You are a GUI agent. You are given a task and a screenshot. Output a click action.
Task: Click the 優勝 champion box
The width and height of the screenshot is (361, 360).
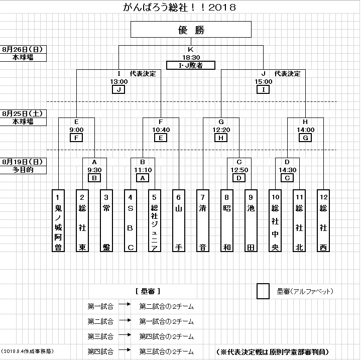[190, 30]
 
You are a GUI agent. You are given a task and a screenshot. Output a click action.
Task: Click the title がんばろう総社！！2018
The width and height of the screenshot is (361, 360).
[180, 8]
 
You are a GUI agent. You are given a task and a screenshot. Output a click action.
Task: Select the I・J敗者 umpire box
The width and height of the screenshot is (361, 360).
[190, 65]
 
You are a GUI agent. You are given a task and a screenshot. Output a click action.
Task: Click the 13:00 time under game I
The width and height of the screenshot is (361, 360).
[119, 81]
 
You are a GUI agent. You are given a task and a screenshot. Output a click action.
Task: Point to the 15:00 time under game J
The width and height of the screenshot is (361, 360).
[263, 81]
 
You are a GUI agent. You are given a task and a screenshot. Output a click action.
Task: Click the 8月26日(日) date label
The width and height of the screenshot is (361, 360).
[24, 49]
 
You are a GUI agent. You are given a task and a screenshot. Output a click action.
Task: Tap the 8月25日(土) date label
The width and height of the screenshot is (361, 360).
[24, 113]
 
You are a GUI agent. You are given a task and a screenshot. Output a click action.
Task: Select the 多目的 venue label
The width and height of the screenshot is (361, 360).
[24, 170]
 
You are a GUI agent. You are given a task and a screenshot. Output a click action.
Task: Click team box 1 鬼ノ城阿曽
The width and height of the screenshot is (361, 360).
[59, 220]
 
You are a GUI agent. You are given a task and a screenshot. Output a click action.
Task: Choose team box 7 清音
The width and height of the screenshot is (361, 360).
[203, 220]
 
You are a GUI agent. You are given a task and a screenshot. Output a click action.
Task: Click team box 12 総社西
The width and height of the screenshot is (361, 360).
[323, 220]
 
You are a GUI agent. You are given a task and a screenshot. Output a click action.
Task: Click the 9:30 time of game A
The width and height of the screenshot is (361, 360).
[94, 170]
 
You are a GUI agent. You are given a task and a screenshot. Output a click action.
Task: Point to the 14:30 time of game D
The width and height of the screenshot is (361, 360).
[287, 170]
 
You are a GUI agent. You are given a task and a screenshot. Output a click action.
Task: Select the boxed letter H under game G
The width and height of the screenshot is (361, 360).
[221, 138]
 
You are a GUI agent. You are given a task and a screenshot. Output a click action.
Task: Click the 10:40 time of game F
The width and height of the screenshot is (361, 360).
[161, 130]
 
